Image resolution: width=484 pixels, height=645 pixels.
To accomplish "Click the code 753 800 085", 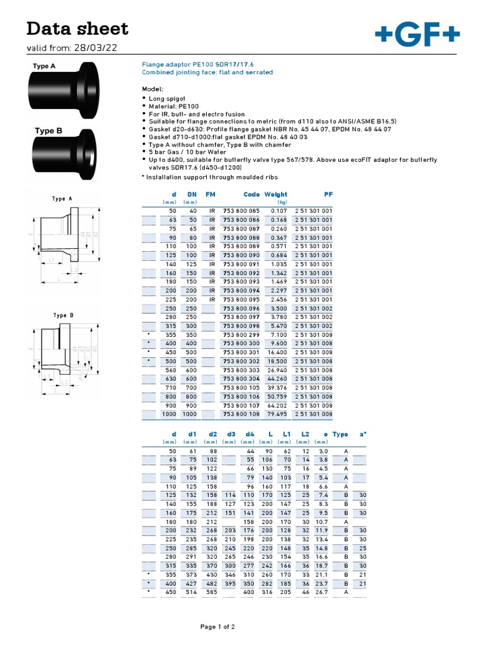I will coord(243,211).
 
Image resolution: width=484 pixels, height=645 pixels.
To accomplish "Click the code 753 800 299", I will coord(243,335).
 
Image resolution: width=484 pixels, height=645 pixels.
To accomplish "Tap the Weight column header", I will coord(275,195).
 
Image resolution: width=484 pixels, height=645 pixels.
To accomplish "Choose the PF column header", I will coord(328,195).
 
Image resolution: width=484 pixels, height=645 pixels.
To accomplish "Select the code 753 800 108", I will coord(243,414).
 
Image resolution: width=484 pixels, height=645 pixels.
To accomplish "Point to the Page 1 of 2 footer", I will coord(217,627).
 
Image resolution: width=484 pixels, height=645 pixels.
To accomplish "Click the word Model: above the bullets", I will coord(153,89).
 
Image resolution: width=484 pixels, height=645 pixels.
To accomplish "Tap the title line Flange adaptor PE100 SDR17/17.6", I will coord(190,64).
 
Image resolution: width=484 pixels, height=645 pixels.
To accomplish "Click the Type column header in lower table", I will coord(340,435).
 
